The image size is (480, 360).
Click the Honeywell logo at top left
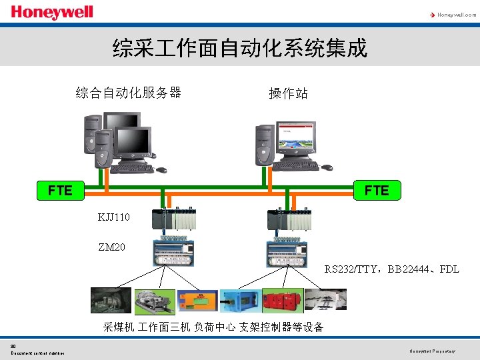click(x=51, y=13)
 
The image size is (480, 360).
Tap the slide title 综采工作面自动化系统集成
click(x=240, y=48)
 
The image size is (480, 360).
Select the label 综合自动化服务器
click(x=129, y=92)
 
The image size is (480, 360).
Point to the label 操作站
click(x=288, y=93)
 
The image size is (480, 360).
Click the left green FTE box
click(x=60, y=190)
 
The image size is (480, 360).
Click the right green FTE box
click(x=377, y=190)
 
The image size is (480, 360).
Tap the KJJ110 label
click(x=114, y=217)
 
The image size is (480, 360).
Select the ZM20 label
click(x=111, y=247)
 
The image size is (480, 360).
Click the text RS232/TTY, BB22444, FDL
click(x=391, y=269)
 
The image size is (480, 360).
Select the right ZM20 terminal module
click(x=287, y=251)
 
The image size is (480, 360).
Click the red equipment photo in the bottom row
click(x=283, y=301)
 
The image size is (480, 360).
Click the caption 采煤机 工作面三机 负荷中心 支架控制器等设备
click(x=213, y=327)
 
